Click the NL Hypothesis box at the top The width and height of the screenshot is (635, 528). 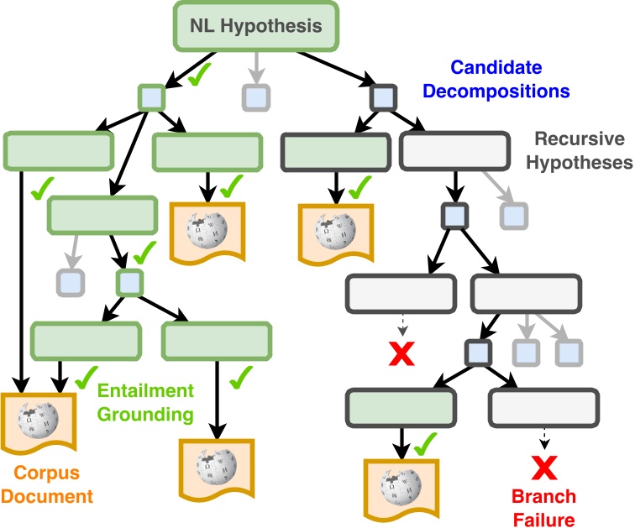(256, 26)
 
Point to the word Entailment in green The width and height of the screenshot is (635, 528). (144, 391)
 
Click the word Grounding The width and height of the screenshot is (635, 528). (144, 414)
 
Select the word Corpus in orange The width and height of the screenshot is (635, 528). (35, 473)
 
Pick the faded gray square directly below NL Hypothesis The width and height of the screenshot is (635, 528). (255, 97)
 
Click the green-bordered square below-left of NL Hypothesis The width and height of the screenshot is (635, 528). (152, 98)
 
